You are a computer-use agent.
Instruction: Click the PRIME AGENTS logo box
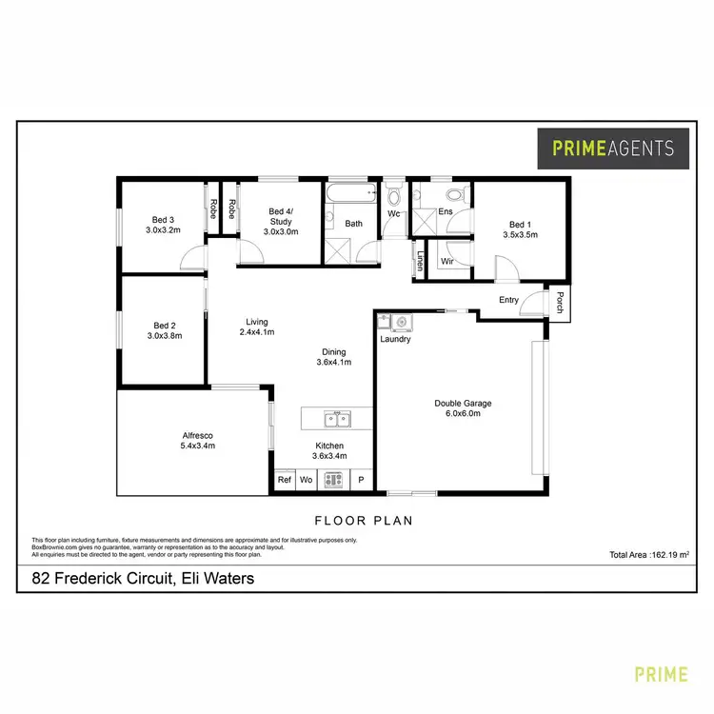click(613, 148)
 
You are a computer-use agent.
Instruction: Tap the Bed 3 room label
click(163, 219)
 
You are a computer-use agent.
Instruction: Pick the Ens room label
click(445, 212)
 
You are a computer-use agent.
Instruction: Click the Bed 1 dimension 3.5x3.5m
click(521, 235)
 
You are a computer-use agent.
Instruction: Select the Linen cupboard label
click(419, 259)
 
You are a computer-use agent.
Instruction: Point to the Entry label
click(508, 301)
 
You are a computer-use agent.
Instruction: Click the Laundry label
click(394, 339)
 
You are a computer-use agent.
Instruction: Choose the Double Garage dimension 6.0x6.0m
click(464, 413)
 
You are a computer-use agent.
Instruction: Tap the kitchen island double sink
click(336, 419)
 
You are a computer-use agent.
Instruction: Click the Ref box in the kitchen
click(284, 481)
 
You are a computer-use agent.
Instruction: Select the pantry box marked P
click(361, 481)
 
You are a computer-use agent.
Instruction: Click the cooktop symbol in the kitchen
click(332, 481)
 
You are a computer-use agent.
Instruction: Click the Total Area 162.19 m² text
click(649, 554)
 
